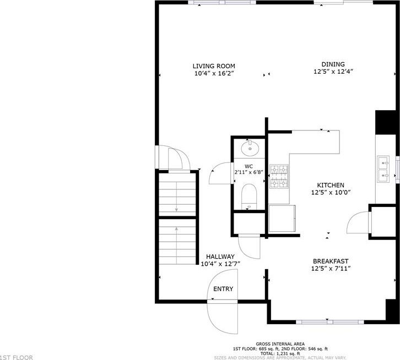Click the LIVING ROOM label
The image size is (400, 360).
[214, 66]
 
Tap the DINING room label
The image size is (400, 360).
[333, 64]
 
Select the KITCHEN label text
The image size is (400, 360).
[331, 185]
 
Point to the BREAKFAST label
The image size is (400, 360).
[331, 261]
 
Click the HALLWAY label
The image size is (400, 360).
[220, 257]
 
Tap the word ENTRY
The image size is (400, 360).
[223, 289]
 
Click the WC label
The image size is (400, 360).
[248, 166]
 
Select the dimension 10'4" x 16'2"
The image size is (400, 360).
[214, 74]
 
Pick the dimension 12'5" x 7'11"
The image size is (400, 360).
[331, 269]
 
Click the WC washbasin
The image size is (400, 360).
[250, 148]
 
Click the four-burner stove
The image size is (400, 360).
[279, 176]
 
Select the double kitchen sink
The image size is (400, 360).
[383, 170]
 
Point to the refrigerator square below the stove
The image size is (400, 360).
[282, 219]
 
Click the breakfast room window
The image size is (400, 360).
[330, 322]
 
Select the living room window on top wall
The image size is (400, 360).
[222, 3]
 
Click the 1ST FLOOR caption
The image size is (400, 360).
[17, 357]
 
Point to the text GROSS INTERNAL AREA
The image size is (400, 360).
[280, 344]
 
